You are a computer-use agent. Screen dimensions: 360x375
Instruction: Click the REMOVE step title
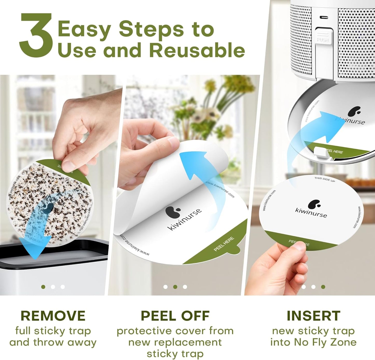point(53,316)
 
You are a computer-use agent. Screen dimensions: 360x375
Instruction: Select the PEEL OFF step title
point(175,316)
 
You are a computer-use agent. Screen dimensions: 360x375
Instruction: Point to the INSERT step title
point(313,316)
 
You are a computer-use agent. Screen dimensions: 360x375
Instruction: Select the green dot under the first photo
point(43,287)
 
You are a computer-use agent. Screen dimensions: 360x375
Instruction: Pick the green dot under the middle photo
point(175,287)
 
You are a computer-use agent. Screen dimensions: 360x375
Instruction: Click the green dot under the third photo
point(323,287)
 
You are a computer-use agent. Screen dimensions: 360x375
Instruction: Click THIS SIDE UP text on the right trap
point(324,179)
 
